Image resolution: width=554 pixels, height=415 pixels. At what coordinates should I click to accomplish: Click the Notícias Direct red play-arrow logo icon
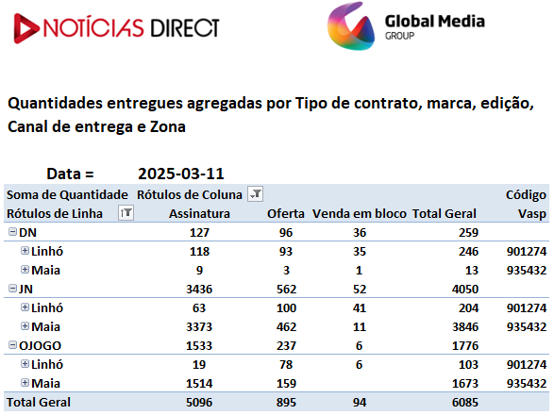25,28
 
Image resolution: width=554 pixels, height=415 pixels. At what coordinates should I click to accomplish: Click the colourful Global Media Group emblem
351,26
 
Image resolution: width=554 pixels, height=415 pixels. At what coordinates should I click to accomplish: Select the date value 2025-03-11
181,174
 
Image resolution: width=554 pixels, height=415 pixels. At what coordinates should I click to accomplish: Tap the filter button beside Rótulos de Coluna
255,194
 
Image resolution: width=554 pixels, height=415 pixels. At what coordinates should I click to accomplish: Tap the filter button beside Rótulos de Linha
126,212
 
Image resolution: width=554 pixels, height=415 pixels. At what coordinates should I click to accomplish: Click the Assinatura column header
199,214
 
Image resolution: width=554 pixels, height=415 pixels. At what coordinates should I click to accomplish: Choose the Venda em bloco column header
360,214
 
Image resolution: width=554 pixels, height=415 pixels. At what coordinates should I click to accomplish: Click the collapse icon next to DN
12,232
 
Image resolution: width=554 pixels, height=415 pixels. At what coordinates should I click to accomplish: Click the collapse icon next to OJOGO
12,344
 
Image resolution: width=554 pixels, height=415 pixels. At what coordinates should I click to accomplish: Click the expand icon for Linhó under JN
25,307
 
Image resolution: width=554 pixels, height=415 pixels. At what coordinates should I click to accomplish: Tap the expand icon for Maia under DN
25,270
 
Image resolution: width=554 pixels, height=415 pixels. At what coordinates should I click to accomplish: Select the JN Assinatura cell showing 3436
199,290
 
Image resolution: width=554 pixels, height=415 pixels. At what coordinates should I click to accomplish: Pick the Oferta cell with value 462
286,327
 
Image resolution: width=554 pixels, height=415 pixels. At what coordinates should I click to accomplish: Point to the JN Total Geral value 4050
465,290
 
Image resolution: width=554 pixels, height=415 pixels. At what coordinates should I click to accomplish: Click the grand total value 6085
465,403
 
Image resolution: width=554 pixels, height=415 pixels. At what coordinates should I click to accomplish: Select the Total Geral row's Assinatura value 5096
199,403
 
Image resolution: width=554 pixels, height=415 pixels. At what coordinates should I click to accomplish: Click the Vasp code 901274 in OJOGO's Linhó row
527,364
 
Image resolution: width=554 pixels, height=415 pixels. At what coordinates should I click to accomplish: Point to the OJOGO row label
40,346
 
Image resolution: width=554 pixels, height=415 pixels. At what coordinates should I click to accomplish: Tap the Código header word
526,195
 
